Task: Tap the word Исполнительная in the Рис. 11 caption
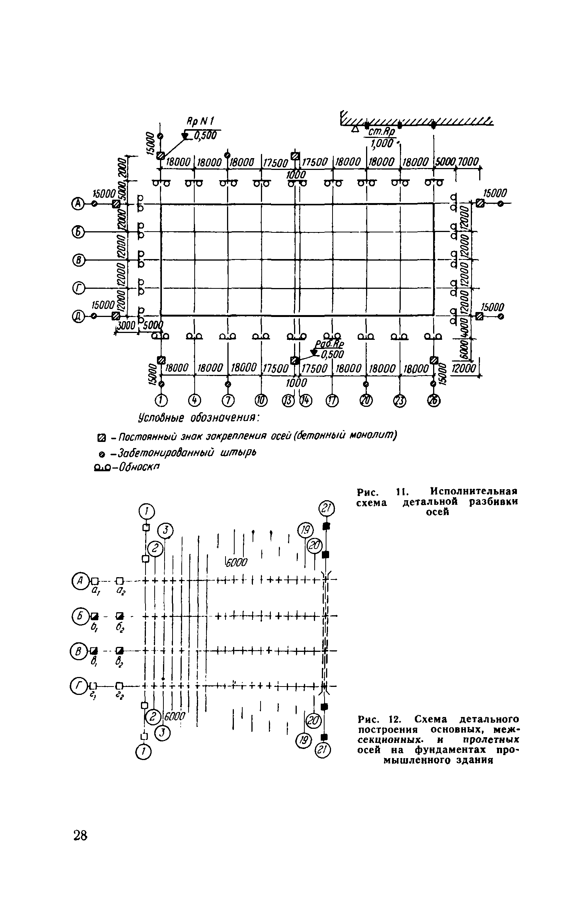coord(474,491)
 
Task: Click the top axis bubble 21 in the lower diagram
coord(326,509)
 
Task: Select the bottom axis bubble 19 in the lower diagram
coord(303,740)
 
